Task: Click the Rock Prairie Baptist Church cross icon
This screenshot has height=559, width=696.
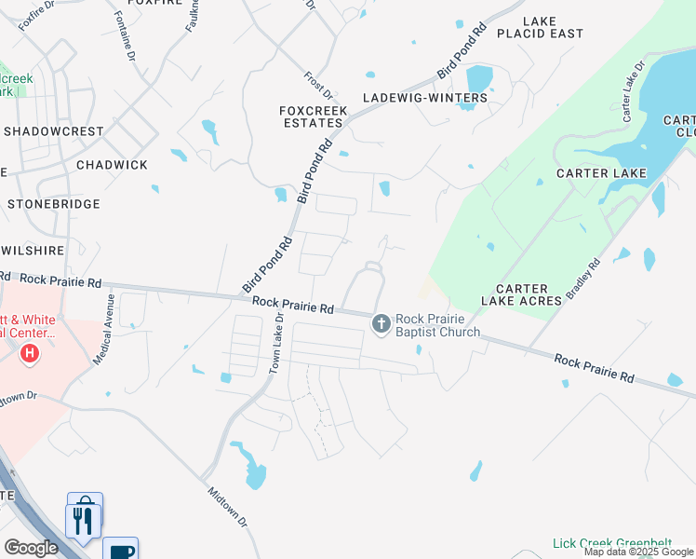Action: coord(381,324)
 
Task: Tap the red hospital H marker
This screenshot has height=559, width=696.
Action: coord(30,354)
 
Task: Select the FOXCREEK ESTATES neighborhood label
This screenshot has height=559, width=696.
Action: coord(313,116)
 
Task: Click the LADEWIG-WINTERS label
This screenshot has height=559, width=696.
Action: coord(425,98)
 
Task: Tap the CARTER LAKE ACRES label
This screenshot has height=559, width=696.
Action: coord(521,294)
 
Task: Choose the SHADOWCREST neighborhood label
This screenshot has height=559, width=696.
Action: coord(53,131)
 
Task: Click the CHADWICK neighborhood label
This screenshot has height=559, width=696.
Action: coord(112,165)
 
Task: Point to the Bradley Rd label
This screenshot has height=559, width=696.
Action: coord(583,279)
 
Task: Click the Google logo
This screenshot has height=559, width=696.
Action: coord(32,548)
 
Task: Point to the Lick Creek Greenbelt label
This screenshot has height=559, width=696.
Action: coord(611,543)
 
